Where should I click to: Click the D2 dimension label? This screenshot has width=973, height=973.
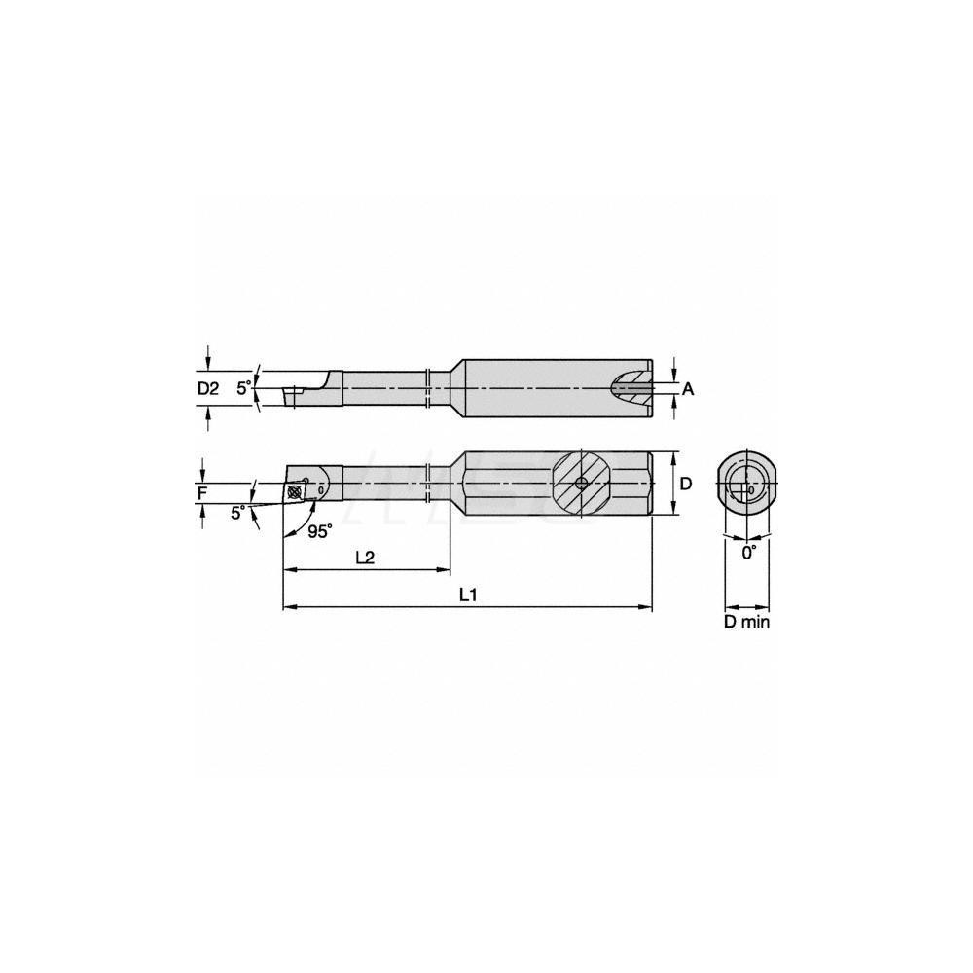click(207, 388)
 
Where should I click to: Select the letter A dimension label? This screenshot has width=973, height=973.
click(688, 389)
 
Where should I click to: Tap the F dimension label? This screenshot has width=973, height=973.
click(201, 493)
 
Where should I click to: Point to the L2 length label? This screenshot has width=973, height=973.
click(366, 558)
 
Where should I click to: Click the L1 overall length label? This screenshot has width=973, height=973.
click(468, 595)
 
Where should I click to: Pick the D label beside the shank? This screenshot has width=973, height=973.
click(685, 484)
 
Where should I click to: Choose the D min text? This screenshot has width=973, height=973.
click(746, 622)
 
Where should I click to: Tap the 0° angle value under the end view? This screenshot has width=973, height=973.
click(748, 552)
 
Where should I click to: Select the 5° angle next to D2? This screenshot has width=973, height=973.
click(244, 387)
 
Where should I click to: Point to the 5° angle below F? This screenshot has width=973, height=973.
click(237, 513)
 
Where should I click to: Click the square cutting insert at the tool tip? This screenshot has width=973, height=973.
click(296, 491)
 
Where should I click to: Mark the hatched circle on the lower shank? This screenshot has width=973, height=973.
click(581, 484)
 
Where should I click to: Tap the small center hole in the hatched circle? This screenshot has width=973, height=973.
click(581, 484)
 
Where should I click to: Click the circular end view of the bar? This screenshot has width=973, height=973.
click(746, 484)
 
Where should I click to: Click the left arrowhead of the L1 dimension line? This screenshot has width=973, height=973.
click(288, 608)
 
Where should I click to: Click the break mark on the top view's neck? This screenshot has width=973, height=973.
click(429, 388)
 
